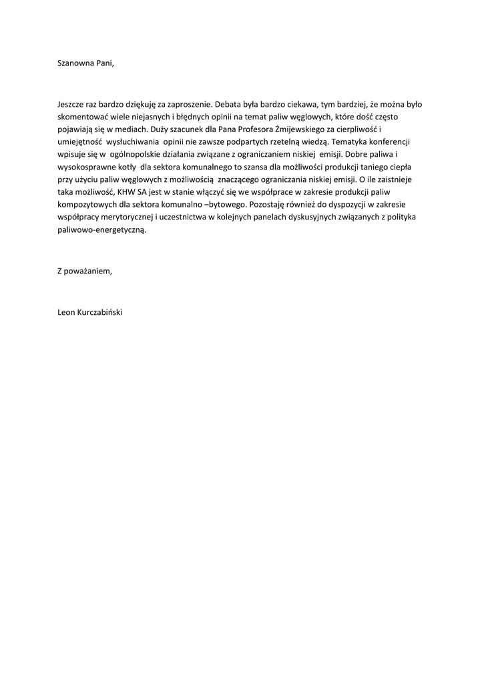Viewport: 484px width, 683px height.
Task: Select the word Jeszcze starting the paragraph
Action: pos(71,104)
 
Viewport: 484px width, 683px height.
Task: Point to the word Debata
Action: pos(228,104)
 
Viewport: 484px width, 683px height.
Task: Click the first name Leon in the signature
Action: pos(67,311)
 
